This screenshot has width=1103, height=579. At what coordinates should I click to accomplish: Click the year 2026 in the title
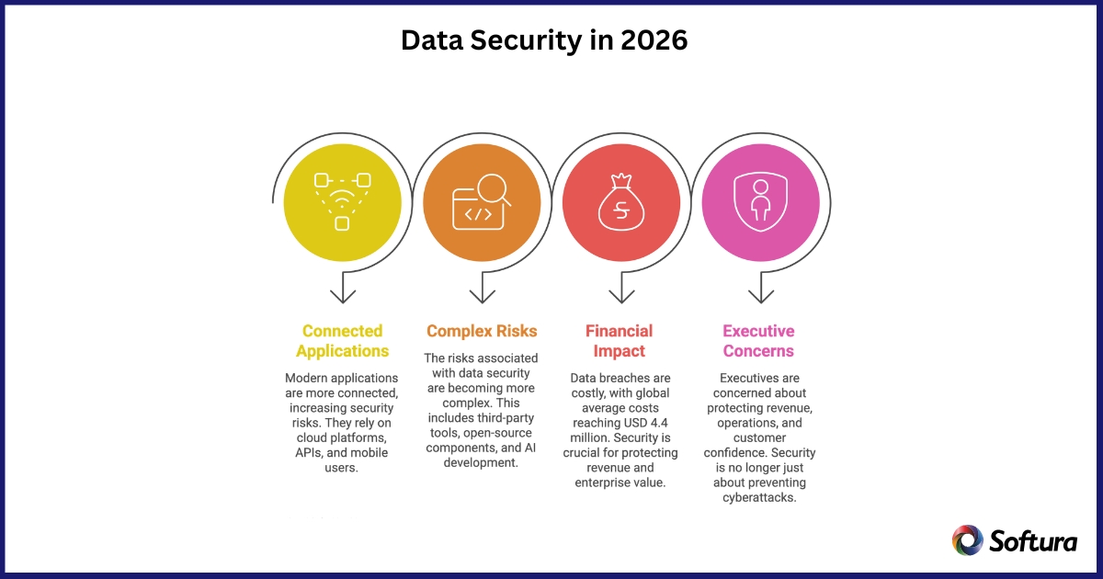pyautogui.click(x=654, y=40)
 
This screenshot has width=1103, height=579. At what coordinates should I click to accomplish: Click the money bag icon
pyautogui.click(x=621, y=202)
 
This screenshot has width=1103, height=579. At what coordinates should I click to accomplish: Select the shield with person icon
pyautogui.click(x=761, y=202)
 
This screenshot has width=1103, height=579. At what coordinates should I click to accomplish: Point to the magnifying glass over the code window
pyautogui.click(x=494, y=190)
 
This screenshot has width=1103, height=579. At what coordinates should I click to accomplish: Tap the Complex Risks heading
pyautogui.click(x=482, y=331)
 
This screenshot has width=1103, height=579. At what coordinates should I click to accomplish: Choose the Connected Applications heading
pyautogui.click(x=342, y=341)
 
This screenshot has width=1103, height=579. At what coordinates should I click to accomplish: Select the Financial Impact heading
pyautogui.click(x=620, y=341)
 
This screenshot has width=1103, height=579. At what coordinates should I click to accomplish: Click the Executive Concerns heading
pyautogui.click(x=759, y=341)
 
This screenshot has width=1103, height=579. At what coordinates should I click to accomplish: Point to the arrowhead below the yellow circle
pyautogui.click(x=343, y=296)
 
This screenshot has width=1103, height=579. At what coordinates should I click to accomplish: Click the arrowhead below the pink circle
pyautogui.click(x=761, y=296)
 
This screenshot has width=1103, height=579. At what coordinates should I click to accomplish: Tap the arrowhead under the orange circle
pyautogui.click(x=482, y=296)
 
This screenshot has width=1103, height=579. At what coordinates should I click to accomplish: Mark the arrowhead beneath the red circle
pyautogui.click(x=622, y=296)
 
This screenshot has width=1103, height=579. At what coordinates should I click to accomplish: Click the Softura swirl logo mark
pyautogui.click(x=968, y=540)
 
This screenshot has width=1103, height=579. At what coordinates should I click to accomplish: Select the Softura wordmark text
pyautogui.click(x=1033, y=541)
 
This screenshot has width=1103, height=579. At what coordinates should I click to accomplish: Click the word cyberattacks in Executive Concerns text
pyautogui.click(x=759, y=497)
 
